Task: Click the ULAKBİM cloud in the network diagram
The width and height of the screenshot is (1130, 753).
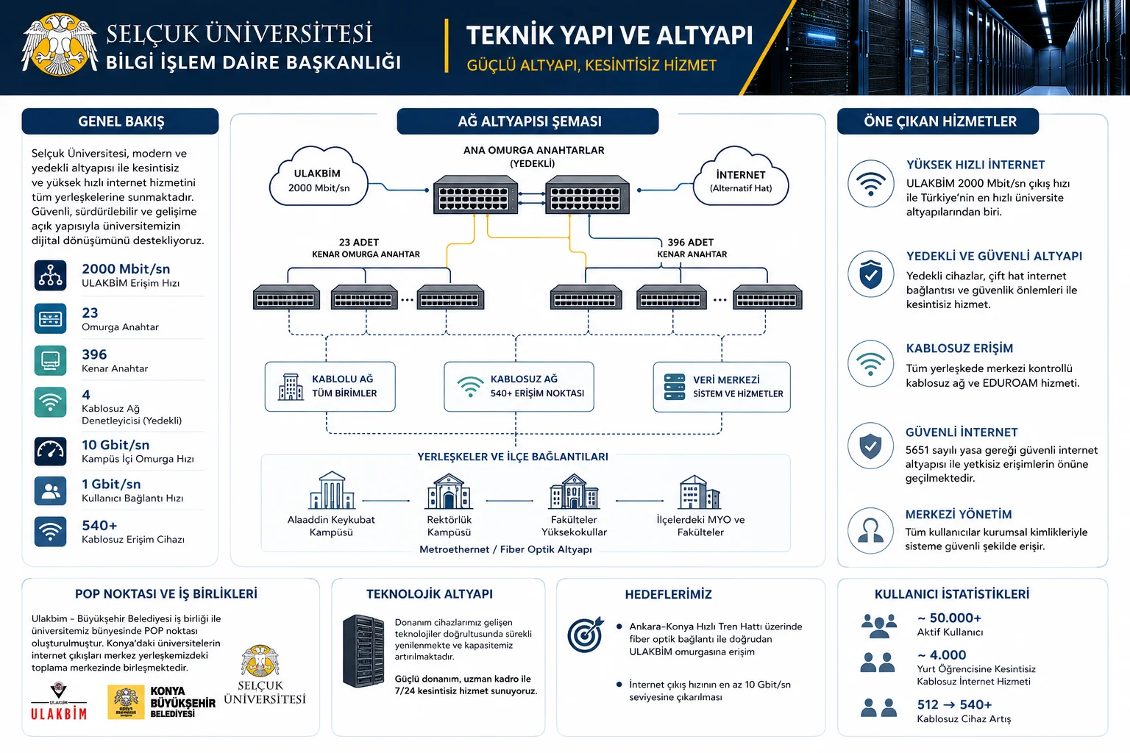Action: pyautogui.click(x=319, y=177)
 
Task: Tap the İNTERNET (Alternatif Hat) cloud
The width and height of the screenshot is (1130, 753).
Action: pyautogui.click(x=741, y=177)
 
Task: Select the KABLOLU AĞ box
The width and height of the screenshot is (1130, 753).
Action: pyautogui.click(x=330, y=386)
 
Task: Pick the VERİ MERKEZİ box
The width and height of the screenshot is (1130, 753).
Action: pyautogui.click(x=722, y=386)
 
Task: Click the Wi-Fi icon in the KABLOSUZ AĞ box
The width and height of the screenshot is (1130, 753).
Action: pyautogui.click(x=469, y=387)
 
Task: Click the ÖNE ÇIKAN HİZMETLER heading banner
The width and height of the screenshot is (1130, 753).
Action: pyautogui.click(x=938, y=121)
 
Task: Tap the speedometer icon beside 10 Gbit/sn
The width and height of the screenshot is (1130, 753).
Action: pyautogui.click(x=50, y=451)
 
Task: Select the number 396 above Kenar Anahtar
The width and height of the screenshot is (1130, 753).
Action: pyautogui.click(x=94, y=354)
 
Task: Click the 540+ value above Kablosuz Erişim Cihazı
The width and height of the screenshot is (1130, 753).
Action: pyautogui.click(x=99, y=526)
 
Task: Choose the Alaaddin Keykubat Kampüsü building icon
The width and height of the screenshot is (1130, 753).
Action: pyautogui.click(x=332, y=490)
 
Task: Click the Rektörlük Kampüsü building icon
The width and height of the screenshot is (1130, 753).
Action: pyautogui.click(x=449, y=490)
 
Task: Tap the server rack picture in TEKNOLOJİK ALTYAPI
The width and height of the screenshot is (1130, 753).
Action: pyautogui.click(x=363, y=651)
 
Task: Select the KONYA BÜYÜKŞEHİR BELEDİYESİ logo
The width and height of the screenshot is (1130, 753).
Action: pyautogui.click(x=161, y=702)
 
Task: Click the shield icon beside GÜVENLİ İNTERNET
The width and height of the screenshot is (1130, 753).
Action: pyautogui.click(x=871, y=446)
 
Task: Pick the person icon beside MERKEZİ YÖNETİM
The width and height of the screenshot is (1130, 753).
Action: pyautogui.click(x=871, y=531)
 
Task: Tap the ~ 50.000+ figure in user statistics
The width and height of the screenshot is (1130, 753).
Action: pyautogui.click(x=949, y=618)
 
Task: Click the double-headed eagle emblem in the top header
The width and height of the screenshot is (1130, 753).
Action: pyautogui.click(x=59, y=44)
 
